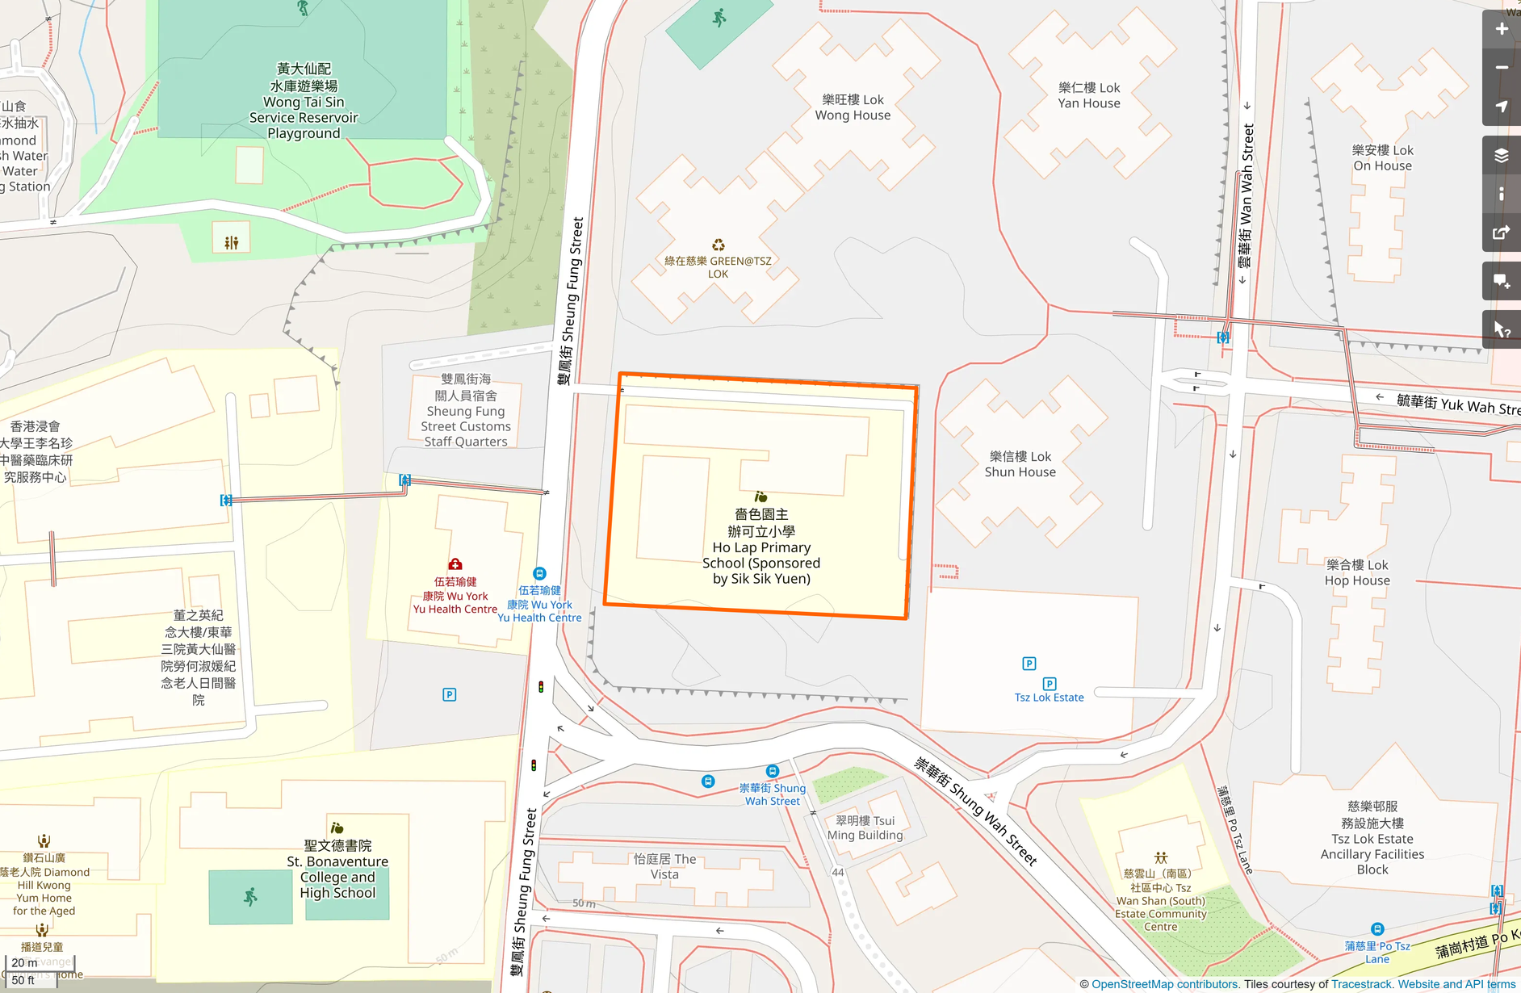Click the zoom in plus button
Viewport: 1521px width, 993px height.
[x=1501, y=30]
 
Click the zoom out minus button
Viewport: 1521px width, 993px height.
[x=1501, y=68]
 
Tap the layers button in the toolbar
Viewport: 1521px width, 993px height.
[x=1501, y=156]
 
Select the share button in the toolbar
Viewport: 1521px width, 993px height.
[x=1501, y=233]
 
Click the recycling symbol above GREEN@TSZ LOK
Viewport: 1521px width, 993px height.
[x=718, y=245]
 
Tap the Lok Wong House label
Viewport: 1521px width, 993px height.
[x=853, y=107]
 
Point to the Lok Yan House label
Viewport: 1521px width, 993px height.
[x=1089, y=95]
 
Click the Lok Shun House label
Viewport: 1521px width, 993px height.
[x=1020, y=464]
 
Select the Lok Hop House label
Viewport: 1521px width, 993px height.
[x=1357, y=572]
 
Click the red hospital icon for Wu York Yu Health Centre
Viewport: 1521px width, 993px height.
[x=455, y=564]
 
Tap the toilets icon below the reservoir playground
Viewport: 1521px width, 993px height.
[x=232, y=242]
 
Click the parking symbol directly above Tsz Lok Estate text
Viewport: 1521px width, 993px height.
[x=1050, y=683]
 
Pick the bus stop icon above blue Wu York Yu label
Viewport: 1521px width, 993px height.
[x=539, y=573]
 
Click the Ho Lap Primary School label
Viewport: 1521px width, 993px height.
[x=761, y=547]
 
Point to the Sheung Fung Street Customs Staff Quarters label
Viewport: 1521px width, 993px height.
[x=466, y=410]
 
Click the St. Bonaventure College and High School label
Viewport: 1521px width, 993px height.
[x=337, y=869]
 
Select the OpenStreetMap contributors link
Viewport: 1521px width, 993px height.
[x=1164, y=984]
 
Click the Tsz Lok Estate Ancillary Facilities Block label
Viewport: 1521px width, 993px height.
[x=1372, y=838]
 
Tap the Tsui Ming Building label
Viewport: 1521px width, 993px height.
[x=865, y=827]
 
